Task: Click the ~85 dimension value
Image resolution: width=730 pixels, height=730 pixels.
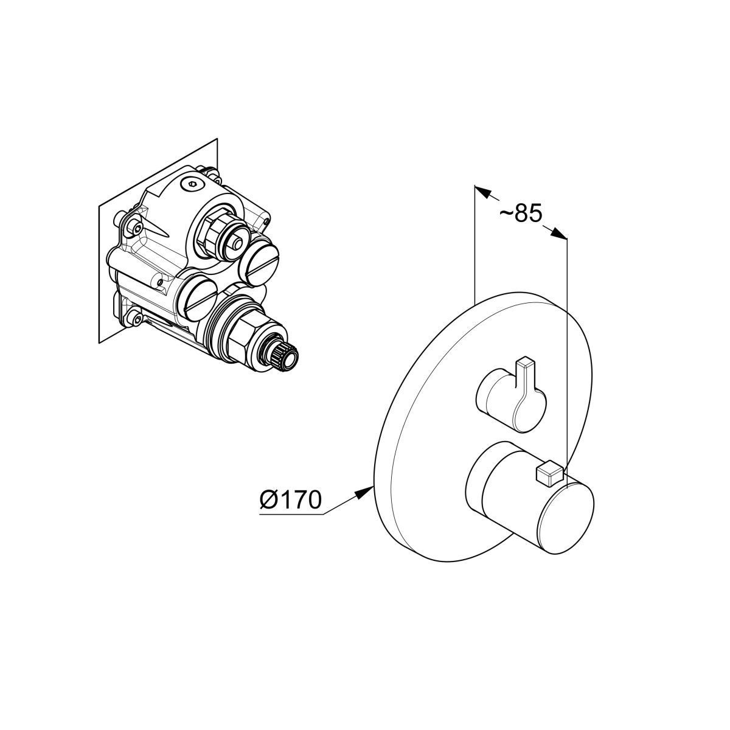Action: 521,214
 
